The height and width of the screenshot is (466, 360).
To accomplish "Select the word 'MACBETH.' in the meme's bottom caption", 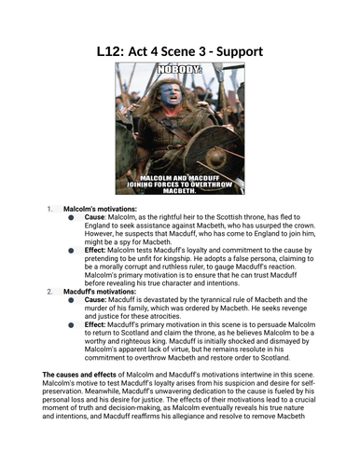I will point(179,190).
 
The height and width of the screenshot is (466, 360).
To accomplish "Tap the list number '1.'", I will point(50,210).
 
